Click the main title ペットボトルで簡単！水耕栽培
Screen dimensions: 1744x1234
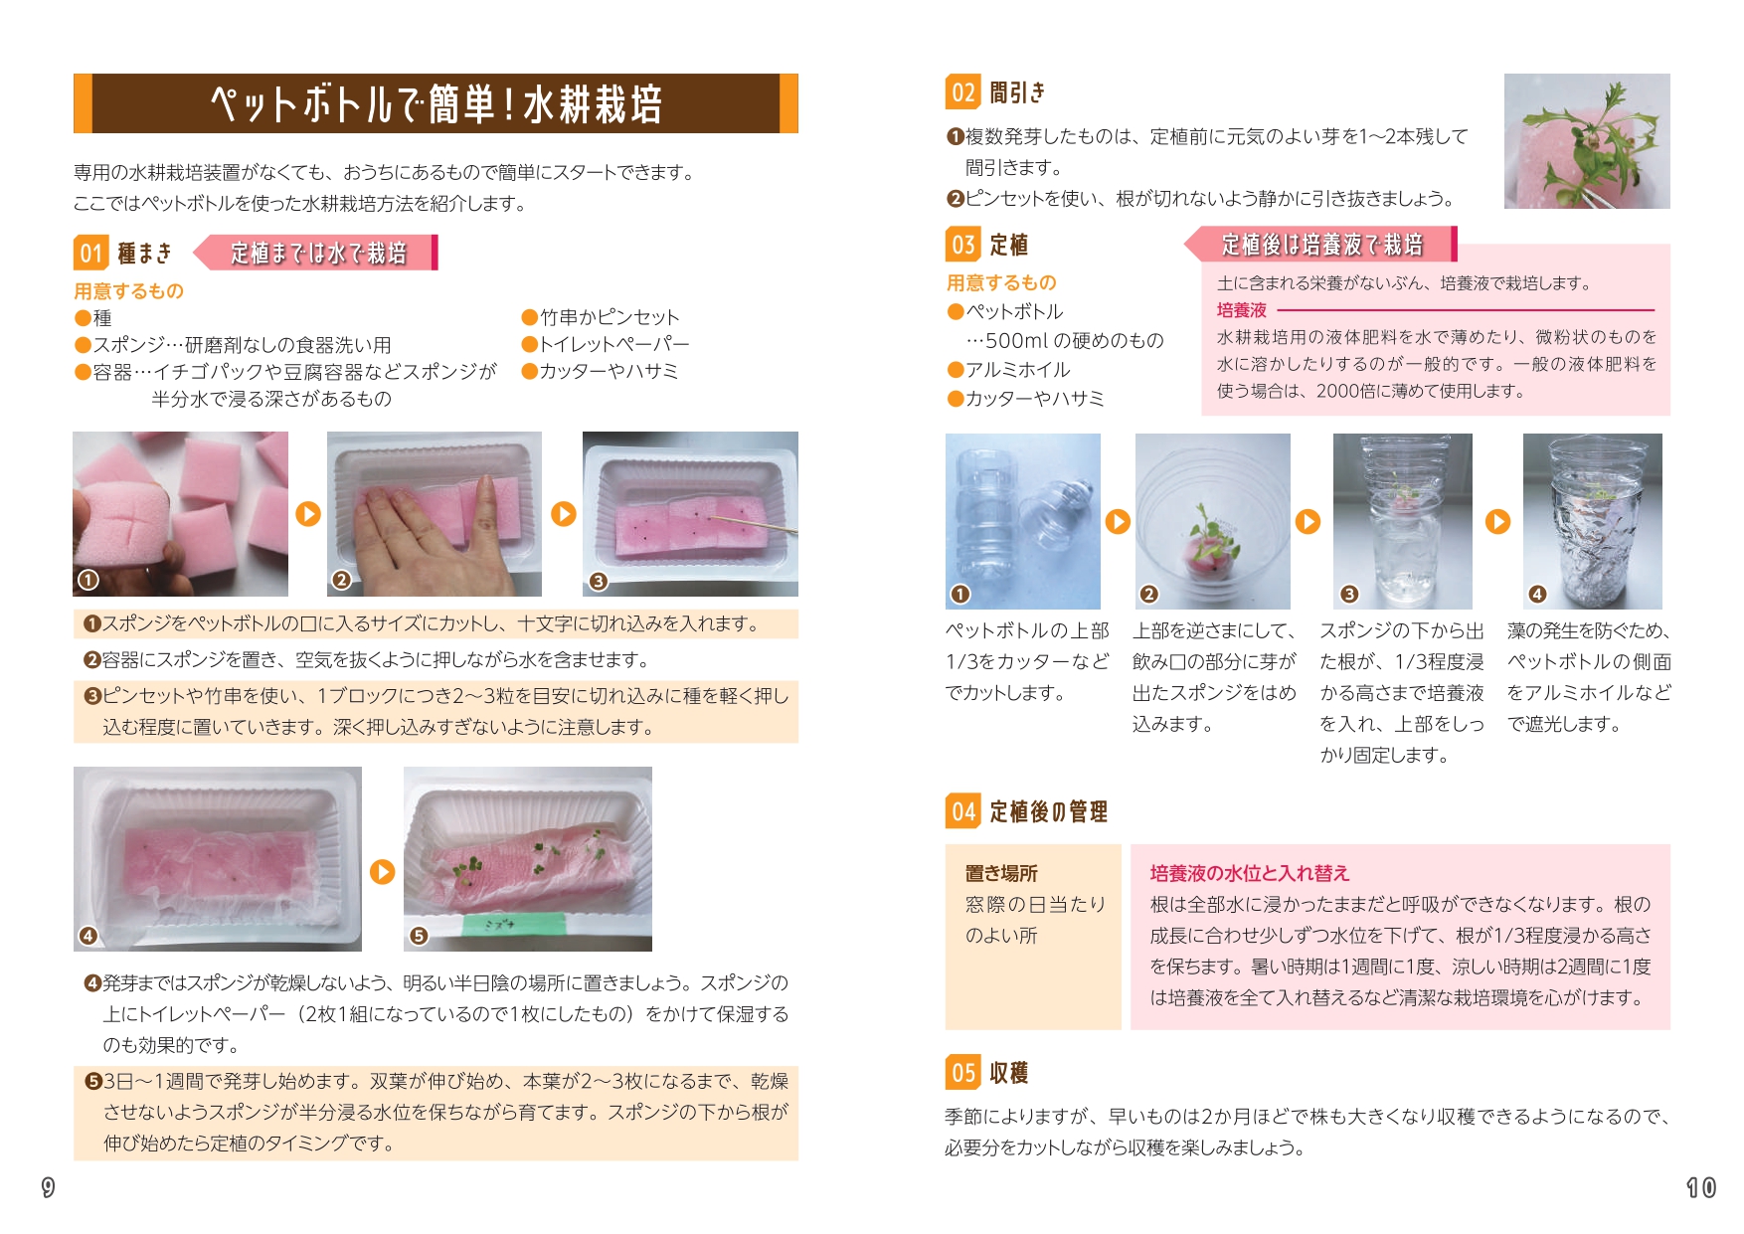tap(436, 103)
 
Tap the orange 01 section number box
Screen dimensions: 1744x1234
tap(90, 253)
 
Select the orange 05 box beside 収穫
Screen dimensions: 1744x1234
tap(962, 1072)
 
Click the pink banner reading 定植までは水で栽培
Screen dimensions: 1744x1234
tap(317, 253)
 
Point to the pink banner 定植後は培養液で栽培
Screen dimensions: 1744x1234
tap(1320, 244)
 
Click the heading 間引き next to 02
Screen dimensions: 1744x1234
tap(1017, 92)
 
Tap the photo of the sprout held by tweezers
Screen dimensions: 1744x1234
tap(1587, 141)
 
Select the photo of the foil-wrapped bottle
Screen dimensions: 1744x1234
tap(1593, 521)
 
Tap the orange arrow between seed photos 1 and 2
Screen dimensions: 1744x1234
tap(308, 514)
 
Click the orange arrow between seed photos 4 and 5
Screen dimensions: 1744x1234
tap(383, 872)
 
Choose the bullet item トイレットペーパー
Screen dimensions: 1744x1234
tap(606, 344)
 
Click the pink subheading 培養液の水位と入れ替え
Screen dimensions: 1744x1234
tap(1250, 873)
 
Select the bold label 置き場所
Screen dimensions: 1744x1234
tap(1001, 873)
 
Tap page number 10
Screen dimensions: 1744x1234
tap(1701, 1187)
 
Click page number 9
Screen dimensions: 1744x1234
tap(48, 1187)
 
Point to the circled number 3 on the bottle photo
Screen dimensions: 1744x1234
tap(1348, 594)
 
